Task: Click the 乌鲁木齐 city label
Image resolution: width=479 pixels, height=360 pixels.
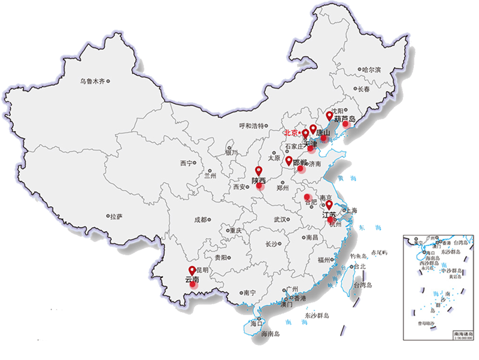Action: point(93,81)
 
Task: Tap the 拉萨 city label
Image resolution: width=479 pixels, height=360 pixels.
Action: point(116,216)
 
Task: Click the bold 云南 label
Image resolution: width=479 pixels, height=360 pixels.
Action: point(192,279)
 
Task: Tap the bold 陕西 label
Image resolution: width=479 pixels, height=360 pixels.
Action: point(259,180)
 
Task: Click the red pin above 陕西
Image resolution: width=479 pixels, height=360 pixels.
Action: point(259,171)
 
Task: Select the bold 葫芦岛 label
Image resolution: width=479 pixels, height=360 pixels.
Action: point(345,119)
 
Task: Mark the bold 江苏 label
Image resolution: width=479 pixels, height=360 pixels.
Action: point(329,214)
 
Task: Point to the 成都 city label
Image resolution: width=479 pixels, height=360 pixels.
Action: point(200,220)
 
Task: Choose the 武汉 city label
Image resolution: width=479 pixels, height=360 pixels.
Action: point(280,220)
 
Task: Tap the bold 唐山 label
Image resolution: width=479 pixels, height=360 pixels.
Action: point(323,132)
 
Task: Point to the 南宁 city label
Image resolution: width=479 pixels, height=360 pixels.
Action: point(250,293)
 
